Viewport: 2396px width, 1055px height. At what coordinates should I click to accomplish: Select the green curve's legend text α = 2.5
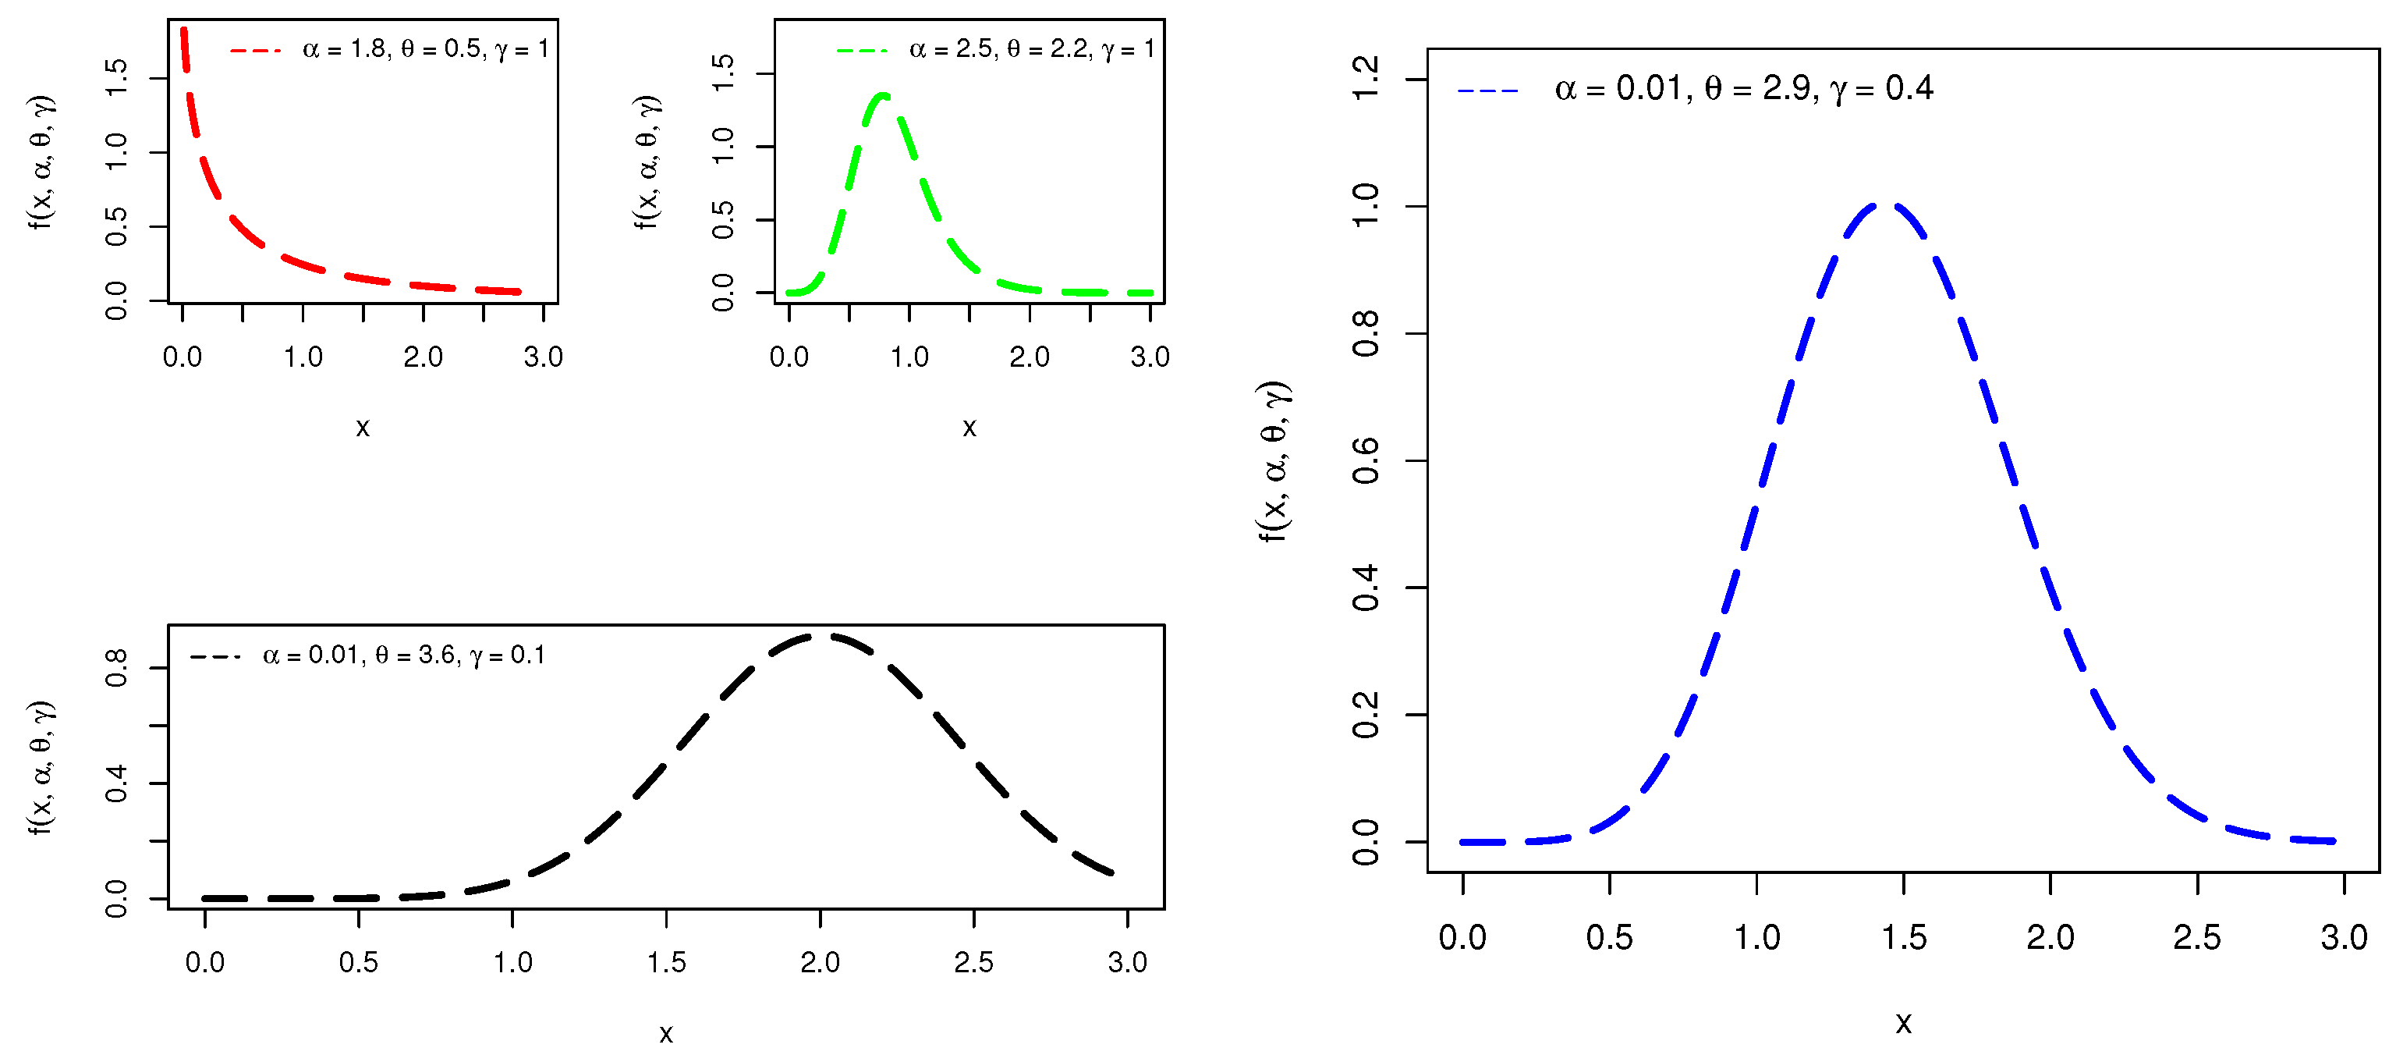[x=952, y=48]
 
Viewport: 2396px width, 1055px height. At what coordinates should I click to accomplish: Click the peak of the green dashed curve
[x=883, y=95]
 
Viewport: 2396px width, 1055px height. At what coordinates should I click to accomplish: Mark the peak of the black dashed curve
[x=823, y=636]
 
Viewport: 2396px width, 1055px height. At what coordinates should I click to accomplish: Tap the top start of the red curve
[x=183, y=30]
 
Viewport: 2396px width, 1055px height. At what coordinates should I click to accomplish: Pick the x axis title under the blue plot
[x=1903, y=1023]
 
